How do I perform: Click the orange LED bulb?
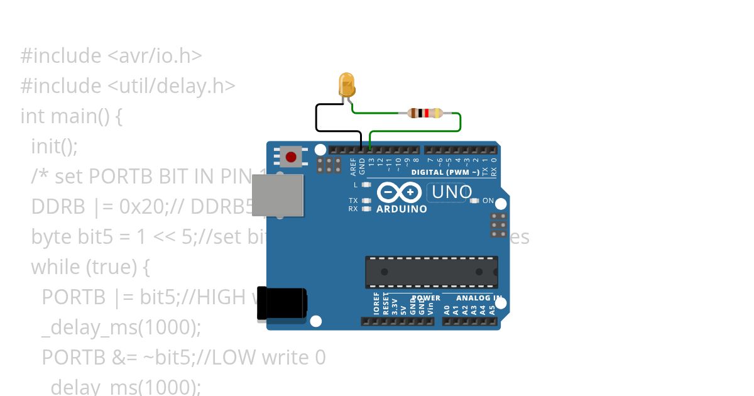pos(346,84)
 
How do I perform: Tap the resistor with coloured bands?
pos(425,113)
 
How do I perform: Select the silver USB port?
pos(277,195)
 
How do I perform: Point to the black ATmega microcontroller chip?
pos(432,272)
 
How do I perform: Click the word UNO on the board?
pos(451,192)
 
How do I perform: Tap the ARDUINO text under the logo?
pos(402,209)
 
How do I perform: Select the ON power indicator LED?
pos(474,201)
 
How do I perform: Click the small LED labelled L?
pos(366,185)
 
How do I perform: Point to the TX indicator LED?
pos(366,201)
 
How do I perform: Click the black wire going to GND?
pos(316,119)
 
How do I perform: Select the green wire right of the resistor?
pos(461,123)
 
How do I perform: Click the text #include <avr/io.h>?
pos(111,55)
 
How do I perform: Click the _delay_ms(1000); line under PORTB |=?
pos(121,327)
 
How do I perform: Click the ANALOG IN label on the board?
pos(479,298)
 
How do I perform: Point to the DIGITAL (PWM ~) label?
pos(445,172)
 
